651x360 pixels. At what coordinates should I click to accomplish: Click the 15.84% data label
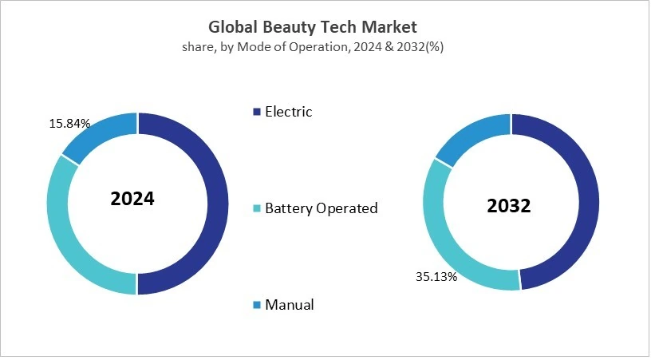(69, 124)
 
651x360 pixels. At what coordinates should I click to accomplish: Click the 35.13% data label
(435, 277)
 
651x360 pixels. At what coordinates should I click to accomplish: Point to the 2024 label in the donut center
(132, 199)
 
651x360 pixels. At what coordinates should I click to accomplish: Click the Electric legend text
(289, 112)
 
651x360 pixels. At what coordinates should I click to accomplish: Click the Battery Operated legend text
(321, 208)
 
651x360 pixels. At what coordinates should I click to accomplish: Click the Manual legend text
(290, 305)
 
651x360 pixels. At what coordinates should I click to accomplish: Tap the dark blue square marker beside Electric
(257, 112)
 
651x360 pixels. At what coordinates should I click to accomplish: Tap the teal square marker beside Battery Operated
(257, 209)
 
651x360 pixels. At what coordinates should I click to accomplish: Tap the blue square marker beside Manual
(257, 305)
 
